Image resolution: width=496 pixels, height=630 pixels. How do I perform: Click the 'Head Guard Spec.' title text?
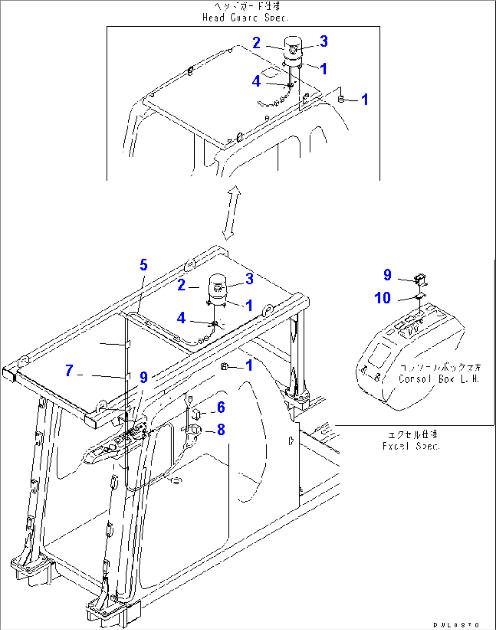[x=245, y=18]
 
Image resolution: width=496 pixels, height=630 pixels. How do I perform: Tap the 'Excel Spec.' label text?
[x=411, y=446]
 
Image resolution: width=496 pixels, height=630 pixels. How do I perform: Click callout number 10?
[x=383, y=298]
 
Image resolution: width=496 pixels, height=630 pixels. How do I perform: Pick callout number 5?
[x=144, y=265]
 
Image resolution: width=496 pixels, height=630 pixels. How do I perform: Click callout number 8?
[x=221, y=430]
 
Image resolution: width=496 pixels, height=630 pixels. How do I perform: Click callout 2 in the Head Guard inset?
[x=257, y=43]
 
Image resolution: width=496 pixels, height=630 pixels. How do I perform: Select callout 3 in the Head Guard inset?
[x=324, y=41]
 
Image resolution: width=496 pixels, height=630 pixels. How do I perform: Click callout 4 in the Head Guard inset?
[x=257, y=81]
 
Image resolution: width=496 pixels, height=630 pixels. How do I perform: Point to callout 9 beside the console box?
[x=387, y=275]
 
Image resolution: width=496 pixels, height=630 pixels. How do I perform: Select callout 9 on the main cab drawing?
[x=144, y=377]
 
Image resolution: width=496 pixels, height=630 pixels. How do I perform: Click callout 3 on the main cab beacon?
[x=249, y=279]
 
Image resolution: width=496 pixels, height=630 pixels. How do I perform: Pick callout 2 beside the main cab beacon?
[x=181, y=285]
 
